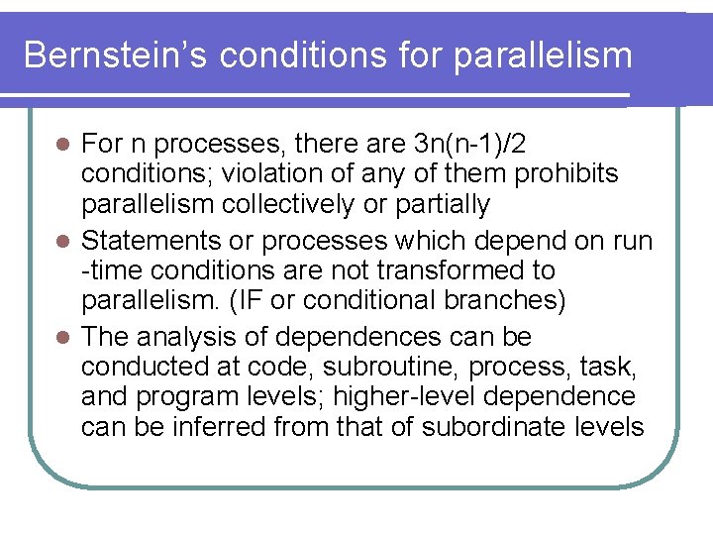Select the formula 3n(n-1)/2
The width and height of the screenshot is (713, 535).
(x=466, y=145)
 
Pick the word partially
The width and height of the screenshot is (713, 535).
(x=439, y=205)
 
